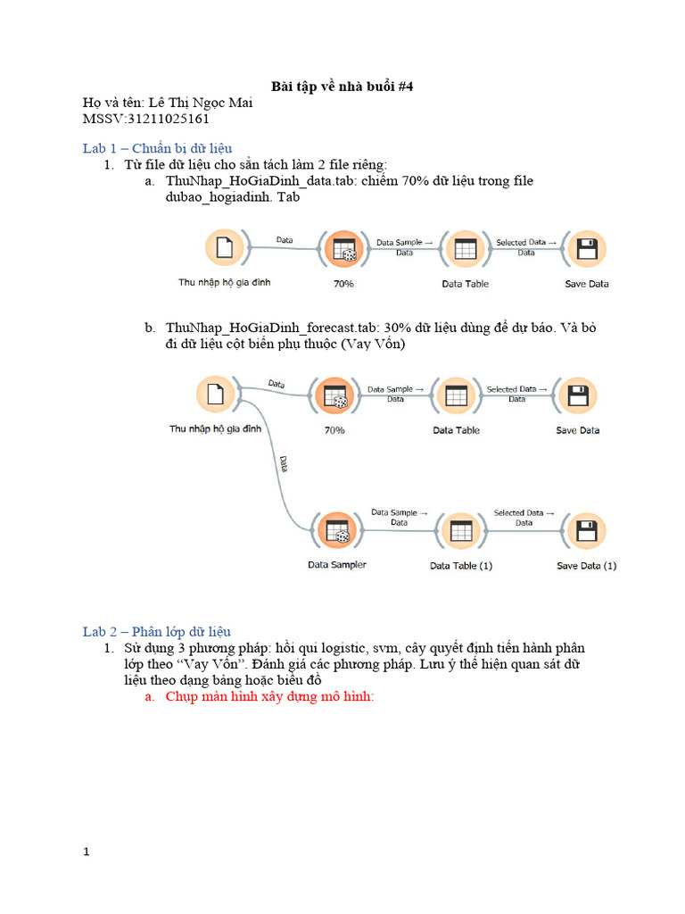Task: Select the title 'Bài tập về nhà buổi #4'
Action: click(342, 87)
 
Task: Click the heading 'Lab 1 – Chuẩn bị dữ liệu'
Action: click(158, 148)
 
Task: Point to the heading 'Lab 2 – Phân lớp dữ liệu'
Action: click(157, 631)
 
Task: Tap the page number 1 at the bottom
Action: click(87, 852)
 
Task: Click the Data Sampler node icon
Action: click(336, 532)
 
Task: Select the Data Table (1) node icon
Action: click(460, 532)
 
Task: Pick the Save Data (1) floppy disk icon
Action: click(586, 532)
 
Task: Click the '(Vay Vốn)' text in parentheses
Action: click(368, 344)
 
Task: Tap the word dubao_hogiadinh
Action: click(210, 196)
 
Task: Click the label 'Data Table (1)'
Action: click(460, 566)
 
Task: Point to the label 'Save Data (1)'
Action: click(586, 566)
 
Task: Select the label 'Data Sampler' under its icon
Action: click(336, 565)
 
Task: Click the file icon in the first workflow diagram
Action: click(224, 249)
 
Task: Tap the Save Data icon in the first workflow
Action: click(586, 250)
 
